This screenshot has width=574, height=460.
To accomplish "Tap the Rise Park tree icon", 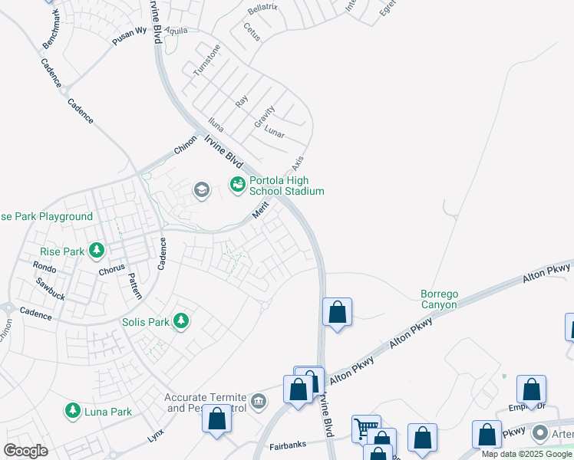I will click(x=97, y=250).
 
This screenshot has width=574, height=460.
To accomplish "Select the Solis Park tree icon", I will click(x=181, y=320).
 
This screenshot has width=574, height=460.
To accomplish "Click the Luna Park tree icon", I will click(x=73, y=411).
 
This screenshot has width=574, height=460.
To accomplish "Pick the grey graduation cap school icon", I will click(x=202, y=190).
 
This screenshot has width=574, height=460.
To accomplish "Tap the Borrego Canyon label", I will click(x=439, y=299).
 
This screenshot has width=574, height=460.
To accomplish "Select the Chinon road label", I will click(x=185, y=146).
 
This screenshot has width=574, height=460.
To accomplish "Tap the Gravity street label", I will click(x=265, y=117).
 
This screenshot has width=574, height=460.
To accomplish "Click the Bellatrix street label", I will click(x=262, y=10).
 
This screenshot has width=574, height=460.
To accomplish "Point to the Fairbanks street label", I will click(x=289, y=445).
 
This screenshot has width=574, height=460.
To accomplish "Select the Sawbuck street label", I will click(x=51, y=289).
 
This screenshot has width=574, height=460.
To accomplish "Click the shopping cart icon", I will click(x=365, y=428).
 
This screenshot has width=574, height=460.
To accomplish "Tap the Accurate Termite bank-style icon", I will click(x=259, y=401).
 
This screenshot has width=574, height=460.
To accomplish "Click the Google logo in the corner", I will click(x=25, y=451).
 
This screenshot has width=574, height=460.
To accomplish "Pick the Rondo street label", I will click(x=45, y=266).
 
